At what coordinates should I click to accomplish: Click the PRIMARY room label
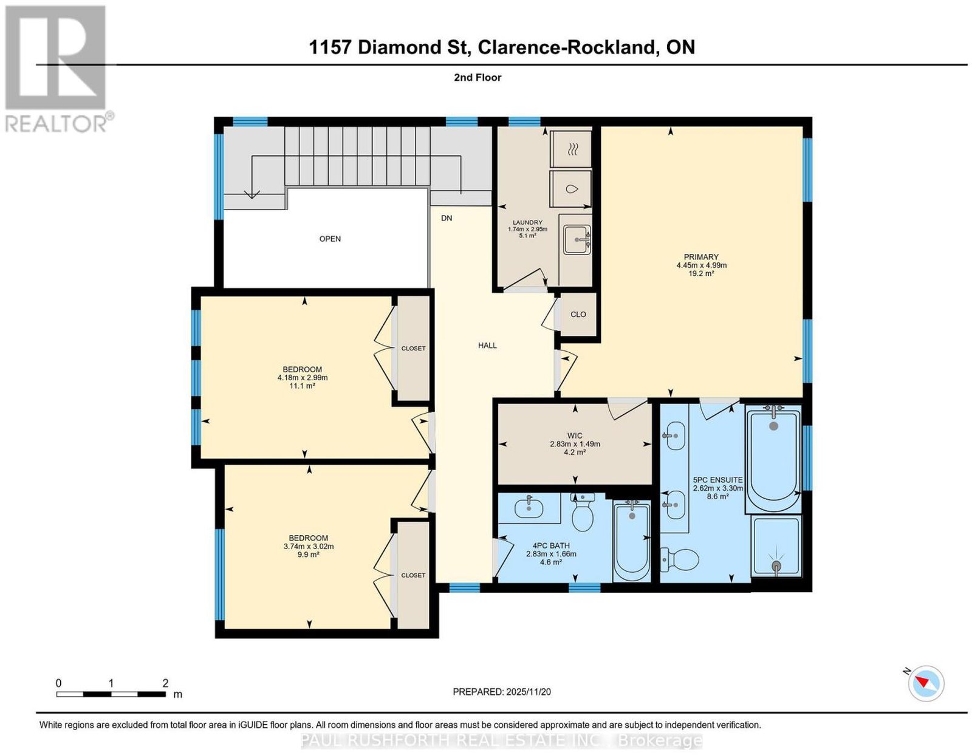(700, 257)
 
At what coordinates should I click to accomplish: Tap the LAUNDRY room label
(527, 222)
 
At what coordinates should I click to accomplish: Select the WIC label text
(575, 436)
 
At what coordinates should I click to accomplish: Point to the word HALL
(487, 346)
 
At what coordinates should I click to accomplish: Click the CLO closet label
(578, 315)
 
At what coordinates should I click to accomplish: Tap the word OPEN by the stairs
(330, 239)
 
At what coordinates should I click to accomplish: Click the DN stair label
(447, 218)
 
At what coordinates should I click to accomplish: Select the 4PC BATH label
(551, 546)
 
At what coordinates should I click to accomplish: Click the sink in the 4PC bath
(529, 507)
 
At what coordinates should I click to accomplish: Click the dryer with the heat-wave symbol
(571, 149)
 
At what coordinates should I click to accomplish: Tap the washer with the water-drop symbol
(571, 189)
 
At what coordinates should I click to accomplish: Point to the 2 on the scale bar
(165, 683)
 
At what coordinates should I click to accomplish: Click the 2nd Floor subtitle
(477, 77)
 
